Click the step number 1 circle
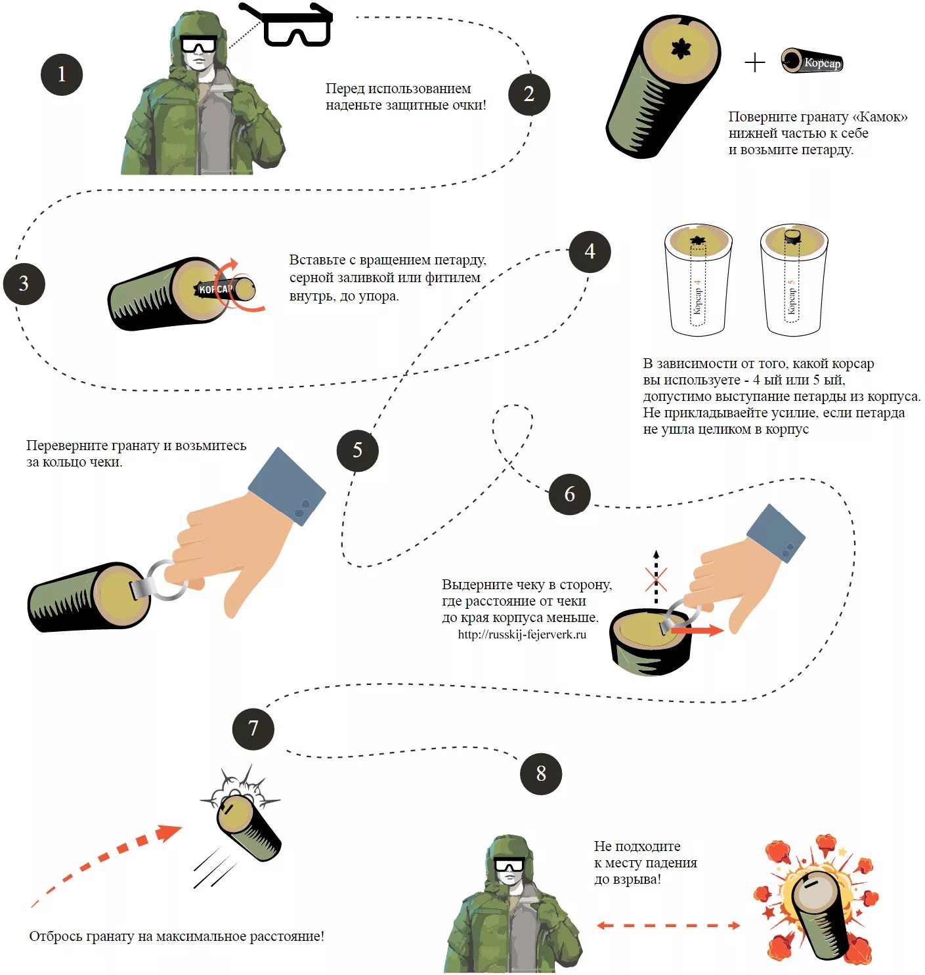click(x=62, y=74)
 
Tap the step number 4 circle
click(x=590, y=251)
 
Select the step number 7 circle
click(x=253, y=728)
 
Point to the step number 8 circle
click(x=541, y=774)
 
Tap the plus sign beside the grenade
click(x=755, y=62)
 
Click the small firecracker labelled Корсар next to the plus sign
click(x=811, y=62)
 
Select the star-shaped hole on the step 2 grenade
click(x=681, y=48)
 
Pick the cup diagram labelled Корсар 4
click(x=698, y=280)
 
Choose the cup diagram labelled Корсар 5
click(x=793, y=280)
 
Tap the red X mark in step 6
click(x=656, y=580)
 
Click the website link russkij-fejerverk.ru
click(x=522, y=634)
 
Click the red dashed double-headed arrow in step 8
click(x=668, y=925)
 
